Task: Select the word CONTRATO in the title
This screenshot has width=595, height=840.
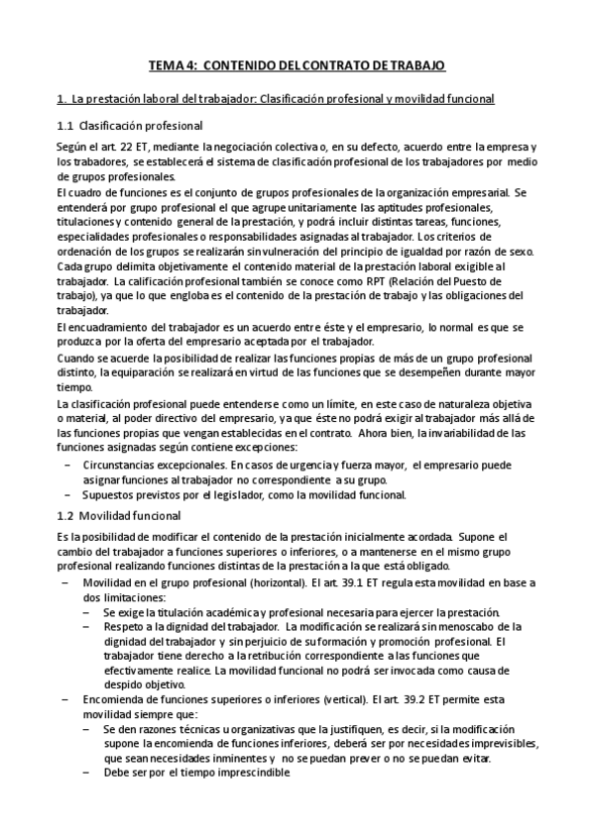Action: (x=350, y=65)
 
